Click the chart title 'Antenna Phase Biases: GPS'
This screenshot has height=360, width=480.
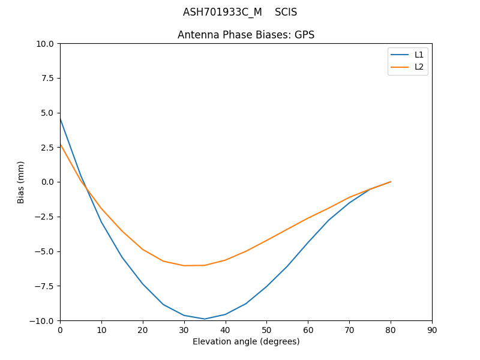[246, 35]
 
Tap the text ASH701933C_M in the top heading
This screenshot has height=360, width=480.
[223, 12]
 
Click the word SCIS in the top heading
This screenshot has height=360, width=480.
[286, 12]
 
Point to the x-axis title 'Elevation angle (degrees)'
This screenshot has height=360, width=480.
[246, 342]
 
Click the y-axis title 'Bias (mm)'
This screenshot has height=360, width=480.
[21, 182]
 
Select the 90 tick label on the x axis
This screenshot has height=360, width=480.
[432, 330]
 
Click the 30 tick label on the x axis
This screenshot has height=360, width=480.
[184, 330]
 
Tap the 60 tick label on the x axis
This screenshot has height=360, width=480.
[308, 330]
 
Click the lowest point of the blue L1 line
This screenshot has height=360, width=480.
[205, 319]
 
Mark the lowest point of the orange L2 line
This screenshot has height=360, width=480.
[184, 266]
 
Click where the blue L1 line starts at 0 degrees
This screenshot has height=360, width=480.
[60, 118]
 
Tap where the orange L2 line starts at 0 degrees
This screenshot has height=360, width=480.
[60, 144]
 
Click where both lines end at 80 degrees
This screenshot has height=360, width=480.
[391, 182]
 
